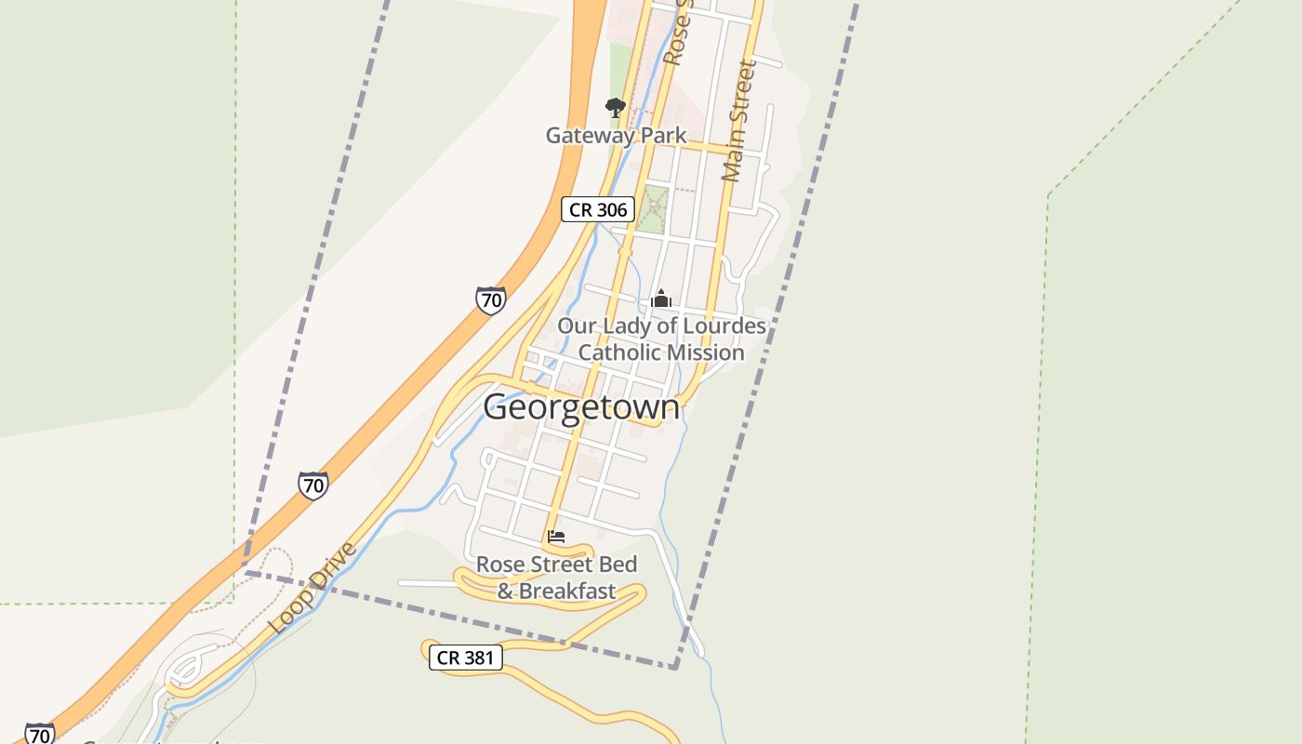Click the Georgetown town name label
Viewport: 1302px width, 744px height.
click(581, 407)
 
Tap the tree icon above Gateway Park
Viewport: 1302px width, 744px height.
click(615, 107)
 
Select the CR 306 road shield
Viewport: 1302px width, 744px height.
click(598, 209)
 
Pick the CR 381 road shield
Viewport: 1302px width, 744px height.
click(466, 658)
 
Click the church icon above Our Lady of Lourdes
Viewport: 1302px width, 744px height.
click(661, 299)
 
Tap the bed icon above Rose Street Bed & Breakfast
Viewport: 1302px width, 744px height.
click(556, 537)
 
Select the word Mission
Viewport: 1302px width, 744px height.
click(711, 352)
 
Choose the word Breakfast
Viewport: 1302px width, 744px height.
click(567, 591)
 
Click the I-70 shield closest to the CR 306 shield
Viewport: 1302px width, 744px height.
click(490, 299)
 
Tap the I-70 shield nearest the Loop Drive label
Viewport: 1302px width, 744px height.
click(313, 485)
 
